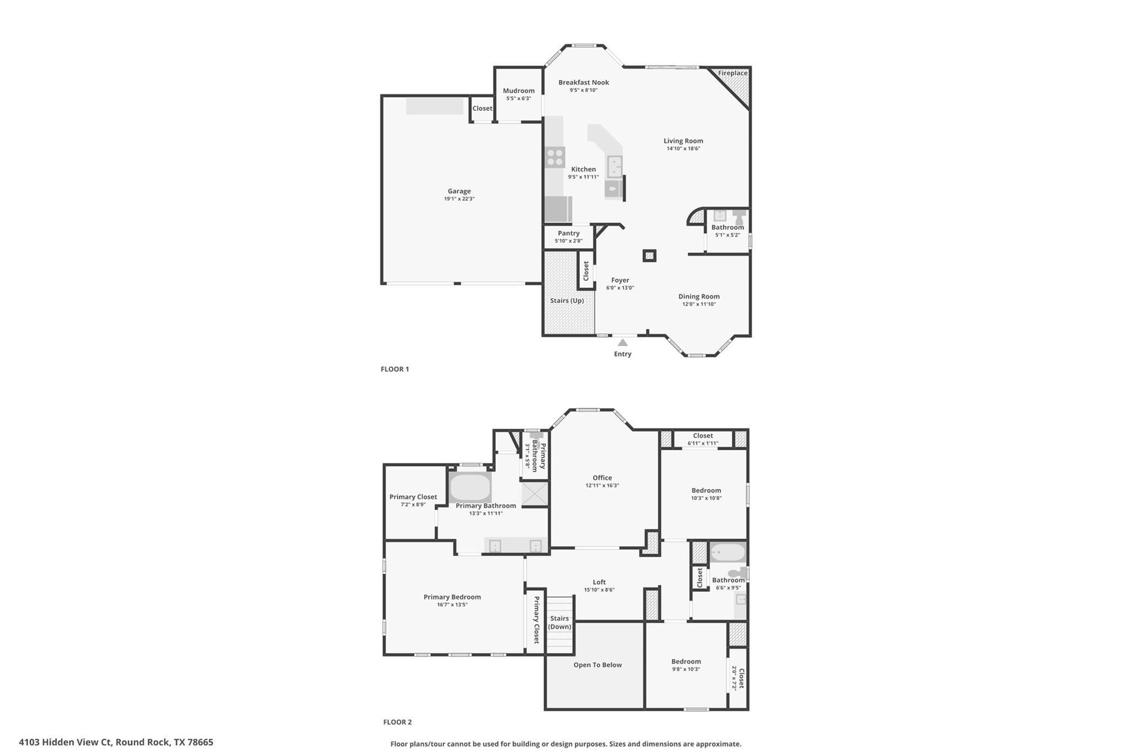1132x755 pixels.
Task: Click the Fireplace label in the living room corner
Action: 732,73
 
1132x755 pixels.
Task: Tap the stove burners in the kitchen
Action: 554,158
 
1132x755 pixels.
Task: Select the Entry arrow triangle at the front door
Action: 622,342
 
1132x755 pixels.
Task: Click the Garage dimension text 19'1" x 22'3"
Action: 459,199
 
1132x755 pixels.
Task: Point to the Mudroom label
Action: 518,91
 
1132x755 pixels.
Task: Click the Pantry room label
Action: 568,233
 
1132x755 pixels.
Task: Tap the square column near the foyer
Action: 649,256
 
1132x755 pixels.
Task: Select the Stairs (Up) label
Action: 567,301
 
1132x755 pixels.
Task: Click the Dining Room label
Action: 699,296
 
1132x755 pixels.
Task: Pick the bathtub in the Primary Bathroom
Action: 470,487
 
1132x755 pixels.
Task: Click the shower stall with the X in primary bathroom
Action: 534,494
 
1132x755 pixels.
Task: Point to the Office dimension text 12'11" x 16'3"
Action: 602,486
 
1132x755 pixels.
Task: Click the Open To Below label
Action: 598,665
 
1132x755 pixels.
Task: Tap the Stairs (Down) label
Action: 559,623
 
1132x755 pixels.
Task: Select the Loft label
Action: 599,582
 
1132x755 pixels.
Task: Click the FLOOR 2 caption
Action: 397,722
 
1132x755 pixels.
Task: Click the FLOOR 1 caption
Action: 395,369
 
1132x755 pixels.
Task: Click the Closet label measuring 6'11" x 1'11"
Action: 703,436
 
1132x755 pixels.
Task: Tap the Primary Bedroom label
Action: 452,597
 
